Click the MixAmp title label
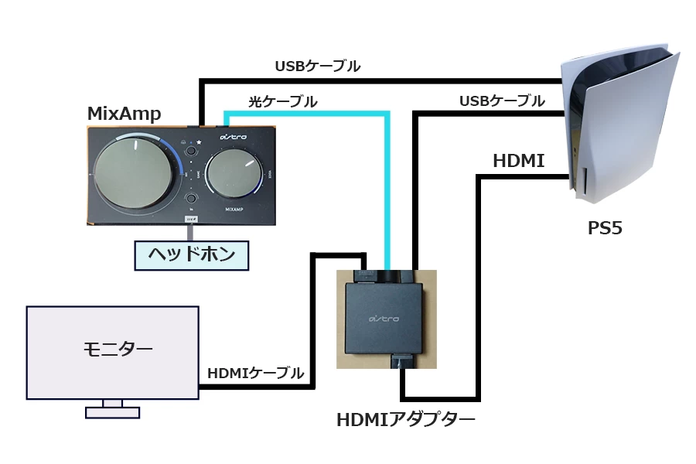click(124, 114)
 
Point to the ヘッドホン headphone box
click(191, 254)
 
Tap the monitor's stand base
click(112, 412)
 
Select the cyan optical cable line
click(385, 193)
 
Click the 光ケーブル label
click(282, 101)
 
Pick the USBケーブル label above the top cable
click(317, 67)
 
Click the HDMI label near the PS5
click(518, 161)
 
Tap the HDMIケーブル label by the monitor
click(255, 373)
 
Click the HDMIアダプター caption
click(405, 420)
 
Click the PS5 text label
click(605, 228)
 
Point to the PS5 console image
click(619, 124)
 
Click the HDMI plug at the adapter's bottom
click(404, 360)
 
